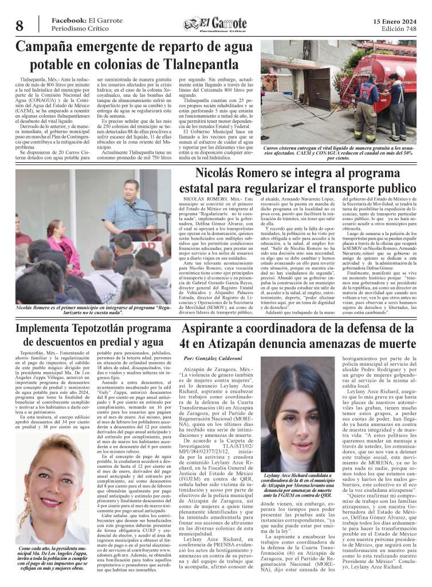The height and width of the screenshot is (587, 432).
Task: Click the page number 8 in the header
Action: click(19, 25)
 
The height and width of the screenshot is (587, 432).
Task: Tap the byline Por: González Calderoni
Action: click(213, 358)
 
